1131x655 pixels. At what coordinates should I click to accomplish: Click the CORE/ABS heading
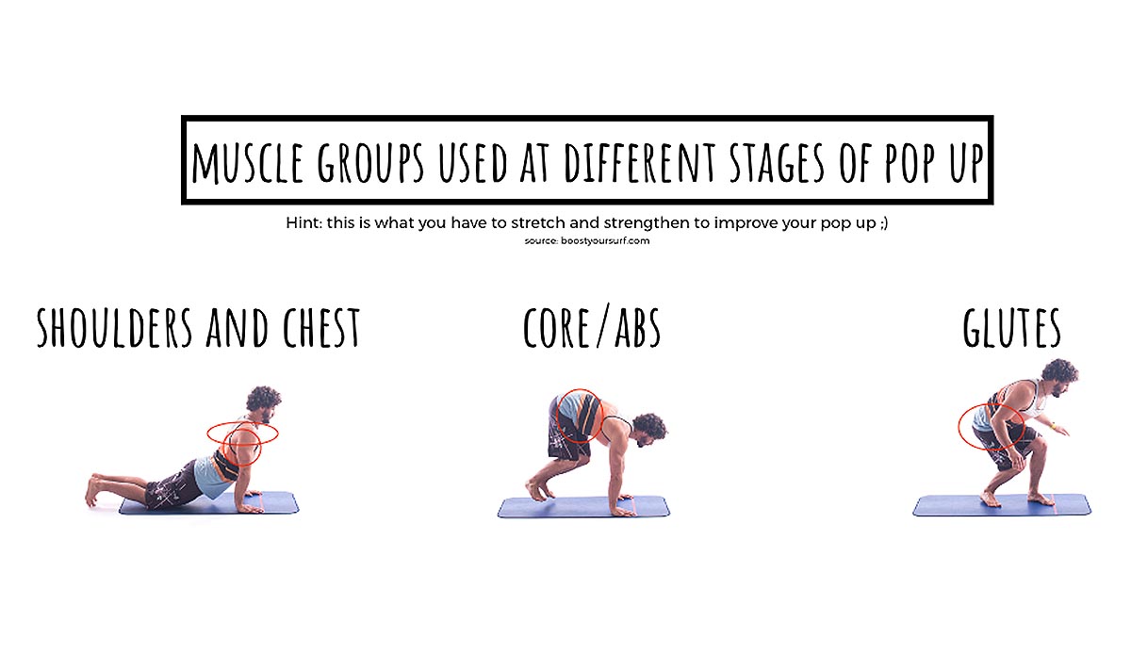click(592, 328)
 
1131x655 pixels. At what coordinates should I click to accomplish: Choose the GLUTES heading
click(1011, 328)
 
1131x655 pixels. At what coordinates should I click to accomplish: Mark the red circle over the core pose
click(578, 417)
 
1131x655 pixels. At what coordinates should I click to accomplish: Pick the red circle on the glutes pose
click(991, 427)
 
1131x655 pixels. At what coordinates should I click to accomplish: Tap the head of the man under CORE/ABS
click(648, 429)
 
